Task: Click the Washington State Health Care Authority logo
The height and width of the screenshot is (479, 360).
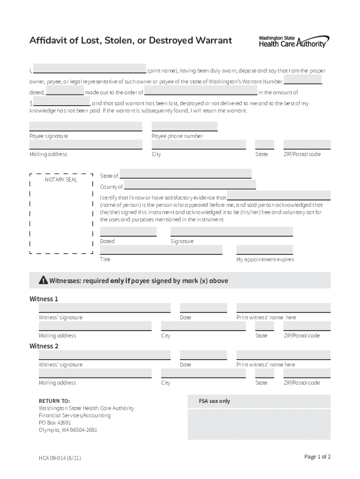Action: click(x=294, y=41)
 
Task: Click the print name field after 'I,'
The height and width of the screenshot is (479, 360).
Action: click(x=89, y=68)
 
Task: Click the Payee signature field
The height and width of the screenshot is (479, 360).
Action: click(x=86, y=126)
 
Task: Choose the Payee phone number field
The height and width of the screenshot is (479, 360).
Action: click(x=184, y=126)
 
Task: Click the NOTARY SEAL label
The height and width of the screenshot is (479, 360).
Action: click(x=61, y=180)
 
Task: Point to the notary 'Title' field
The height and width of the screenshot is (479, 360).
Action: click(x=161, y=250)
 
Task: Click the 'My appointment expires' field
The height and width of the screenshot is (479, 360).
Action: click(x=264, y=250)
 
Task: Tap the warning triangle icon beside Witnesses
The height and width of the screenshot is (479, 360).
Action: click(x=43, y=281)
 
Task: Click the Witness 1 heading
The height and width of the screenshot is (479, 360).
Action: click(x=44, y=299)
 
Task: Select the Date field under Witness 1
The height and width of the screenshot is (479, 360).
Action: click(x=203, y=308)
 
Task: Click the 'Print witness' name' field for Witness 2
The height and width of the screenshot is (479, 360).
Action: click(x=283, y=355)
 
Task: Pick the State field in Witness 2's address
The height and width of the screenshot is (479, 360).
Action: click(x=264, y=373)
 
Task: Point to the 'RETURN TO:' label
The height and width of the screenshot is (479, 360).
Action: click(x=54, y=401)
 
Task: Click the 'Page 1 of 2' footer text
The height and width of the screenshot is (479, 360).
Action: click(x=317, y=457)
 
